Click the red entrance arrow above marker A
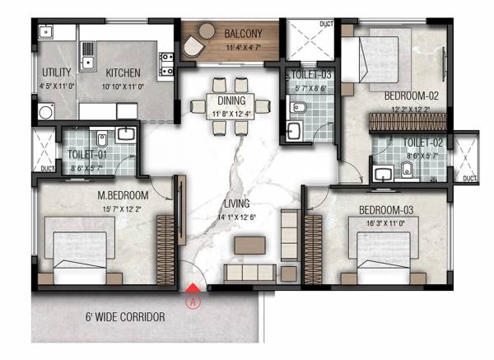point(193,288)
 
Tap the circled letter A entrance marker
point(193,301)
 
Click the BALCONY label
point(244,34)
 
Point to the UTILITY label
point(56,72)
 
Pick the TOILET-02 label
point(423,143)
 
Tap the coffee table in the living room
point(249,245)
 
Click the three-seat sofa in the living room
point(249,272)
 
